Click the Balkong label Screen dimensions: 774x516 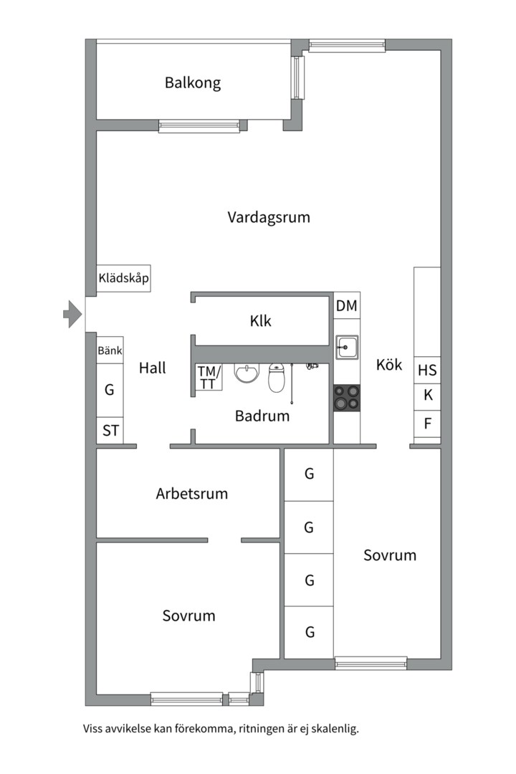point(192,82)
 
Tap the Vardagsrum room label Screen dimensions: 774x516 point(269,217)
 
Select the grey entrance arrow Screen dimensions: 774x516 point(72,314)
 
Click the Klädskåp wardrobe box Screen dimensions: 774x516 point(123,278)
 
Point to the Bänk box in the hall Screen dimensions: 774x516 point(110,351)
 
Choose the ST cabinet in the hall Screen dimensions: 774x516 point(110,431)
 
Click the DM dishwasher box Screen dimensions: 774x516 point(347,306)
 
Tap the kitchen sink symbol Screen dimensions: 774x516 point(347,348)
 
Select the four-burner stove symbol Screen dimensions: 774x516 point(347,398)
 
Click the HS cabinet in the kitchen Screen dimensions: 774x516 point(427,371)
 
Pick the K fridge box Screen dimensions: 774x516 point(427,395)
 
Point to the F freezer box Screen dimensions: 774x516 point(427,423)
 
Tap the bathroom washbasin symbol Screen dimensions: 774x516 point(247,373)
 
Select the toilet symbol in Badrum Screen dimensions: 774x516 point(277,377)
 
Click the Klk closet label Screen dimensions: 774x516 point(261,321)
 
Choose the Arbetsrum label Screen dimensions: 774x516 point(191,493)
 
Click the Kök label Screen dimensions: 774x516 point(389,365)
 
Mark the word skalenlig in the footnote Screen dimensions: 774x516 point(332,730)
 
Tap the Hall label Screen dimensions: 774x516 point(152,368)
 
